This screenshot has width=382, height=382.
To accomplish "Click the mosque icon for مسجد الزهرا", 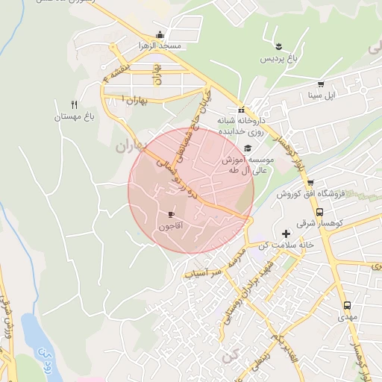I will (160, 34).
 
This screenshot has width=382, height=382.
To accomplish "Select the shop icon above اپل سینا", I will (321, 84).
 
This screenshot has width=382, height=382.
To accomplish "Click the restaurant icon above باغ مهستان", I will (73, 104).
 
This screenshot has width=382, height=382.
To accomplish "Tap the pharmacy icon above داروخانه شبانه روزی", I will (241, 110).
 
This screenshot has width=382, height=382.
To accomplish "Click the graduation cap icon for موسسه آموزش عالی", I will (247, 148).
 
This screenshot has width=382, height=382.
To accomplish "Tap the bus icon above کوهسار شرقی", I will (320, 212).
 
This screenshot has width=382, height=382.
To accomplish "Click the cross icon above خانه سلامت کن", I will (286, 234).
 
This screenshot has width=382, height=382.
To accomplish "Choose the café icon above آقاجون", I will (172, 215).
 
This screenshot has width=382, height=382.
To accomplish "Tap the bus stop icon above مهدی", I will (347, 306).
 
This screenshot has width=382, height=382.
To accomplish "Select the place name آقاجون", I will (171, 225).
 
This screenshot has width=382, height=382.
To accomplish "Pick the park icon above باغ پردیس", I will (278, 48).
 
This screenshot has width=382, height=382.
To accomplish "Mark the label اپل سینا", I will (322, 95).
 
